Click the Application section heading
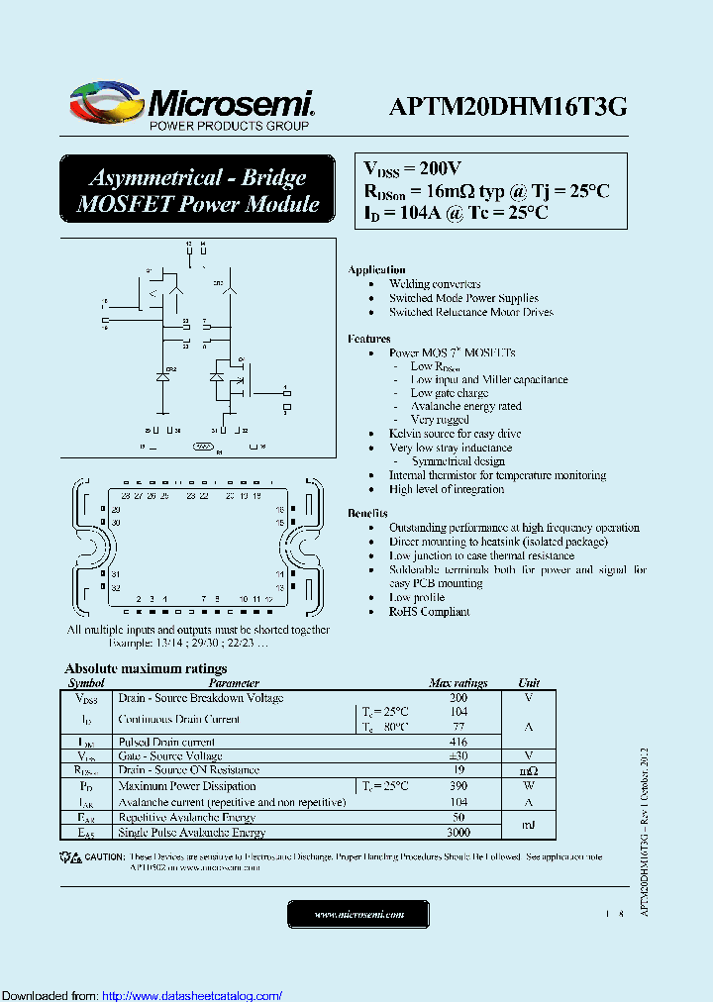(x=376, y=269)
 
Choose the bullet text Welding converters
(x=435, y=284)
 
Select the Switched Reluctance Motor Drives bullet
(x=470, y=312)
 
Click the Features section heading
(x=368, y=339)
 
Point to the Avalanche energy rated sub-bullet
(x=465, y=406)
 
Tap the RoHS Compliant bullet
(x=429, y=611)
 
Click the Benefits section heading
(x=367, y=513)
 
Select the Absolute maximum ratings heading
(x=146, y=668)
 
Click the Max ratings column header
(x=458, y=683)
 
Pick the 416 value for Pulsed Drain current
(x=458, y=741)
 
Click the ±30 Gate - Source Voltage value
(x=458, y=755)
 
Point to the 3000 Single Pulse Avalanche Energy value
(x=458, y=834)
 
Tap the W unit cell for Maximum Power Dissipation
(x=529, y=786)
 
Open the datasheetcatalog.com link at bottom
(x=192, y=995)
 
